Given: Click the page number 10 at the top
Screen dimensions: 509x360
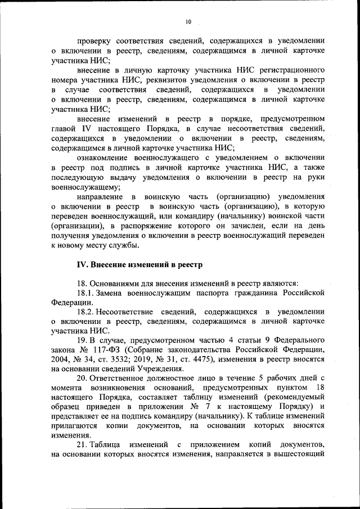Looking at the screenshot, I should click(188, 21).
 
